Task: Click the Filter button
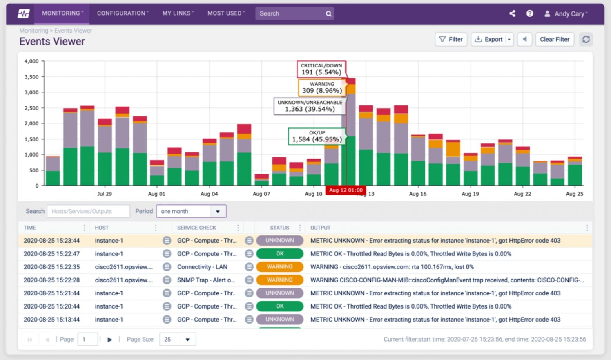(x=451, y=39)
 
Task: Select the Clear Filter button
(x=554, y=39)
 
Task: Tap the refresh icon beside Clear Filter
(x=586, y=39)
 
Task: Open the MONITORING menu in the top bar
(x=62, y=13)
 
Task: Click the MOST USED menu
(x=226, y=13)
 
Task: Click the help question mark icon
(x=530, y=13)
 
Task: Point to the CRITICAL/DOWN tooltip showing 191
(x=321, y=69)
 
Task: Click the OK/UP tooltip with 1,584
(x=317, y=136)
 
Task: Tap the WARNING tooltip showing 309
(x=322, y=87)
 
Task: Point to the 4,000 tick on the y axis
(x=31, y=61)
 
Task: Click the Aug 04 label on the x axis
(x=209, y=194)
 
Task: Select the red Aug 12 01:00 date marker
(x=346, y=190)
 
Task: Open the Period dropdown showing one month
(x=191, y=211)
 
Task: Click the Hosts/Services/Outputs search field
(x=88, y=211)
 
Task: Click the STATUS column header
(x=279, y=228)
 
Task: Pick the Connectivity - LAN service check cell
(x=202, y=267)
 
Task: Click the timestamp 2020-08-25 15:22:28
(x=51, y=280)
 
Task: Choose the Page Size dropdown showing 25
(x=177, y=339)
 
